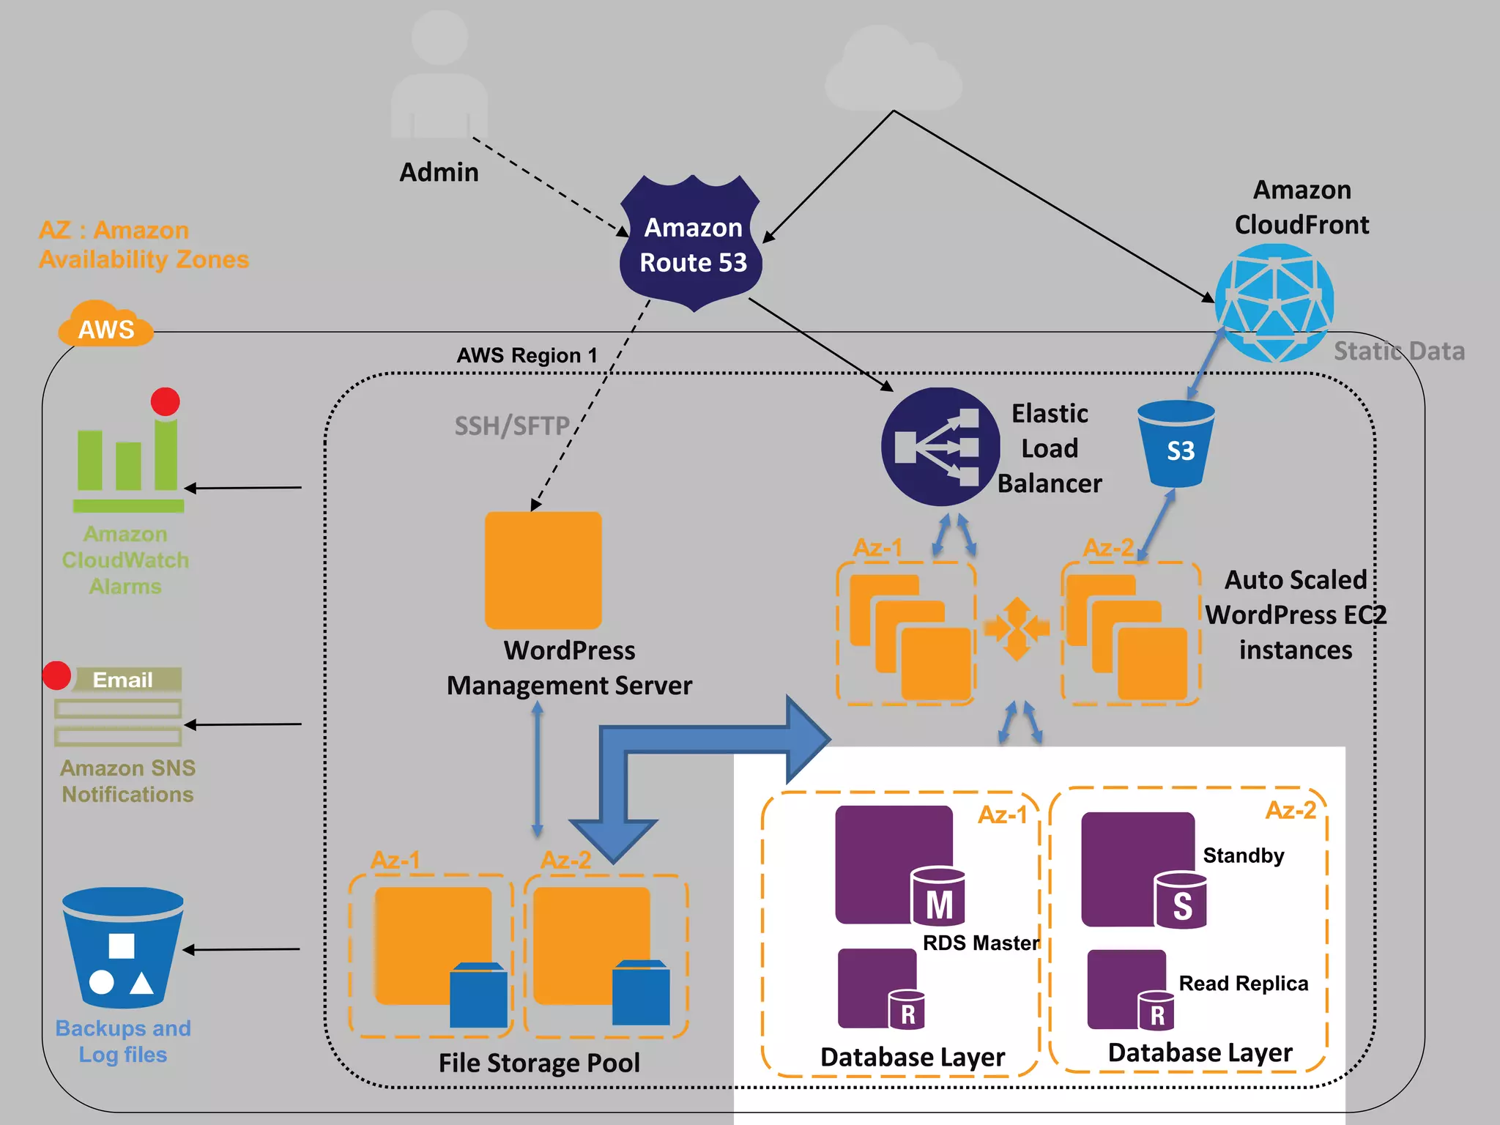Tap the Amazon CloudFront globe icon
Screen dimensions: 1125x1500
pos(1274,302)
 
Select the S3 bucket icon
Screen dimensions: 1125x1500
pos(1176,444)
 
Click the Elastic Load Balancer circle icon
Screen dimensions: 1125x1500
pos(940,447)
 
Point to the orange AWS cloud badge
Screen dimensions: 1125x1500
pos(106,326)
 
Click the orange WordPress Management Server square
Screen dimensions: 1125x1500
pos(543,570)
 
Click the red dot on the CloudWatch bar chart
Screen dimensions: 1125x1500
pos(166,401)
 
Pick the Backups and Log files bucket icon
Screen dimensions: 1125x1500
pos(123,948)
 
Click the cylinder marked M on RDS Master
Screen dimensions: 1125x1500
pos(938,897)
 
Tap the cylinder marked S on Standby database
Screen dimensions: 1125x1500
pos(1181,901)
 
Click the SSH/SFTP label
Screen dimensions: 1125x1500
pos(512,426)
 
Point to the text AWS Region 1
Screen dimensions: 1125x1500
pos(527,356)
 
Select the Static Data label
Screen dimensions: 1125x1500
pos(1399,352)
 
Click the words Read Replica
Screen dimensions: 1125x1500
pos(1243,984)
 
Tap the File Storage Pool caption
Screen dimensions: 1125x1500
pos(539,1063)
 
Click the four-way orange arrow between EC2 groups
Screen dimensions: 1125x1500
pos(1017,628)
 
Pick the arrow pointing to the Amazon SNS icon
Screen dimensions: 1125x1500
pos(242,724)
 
